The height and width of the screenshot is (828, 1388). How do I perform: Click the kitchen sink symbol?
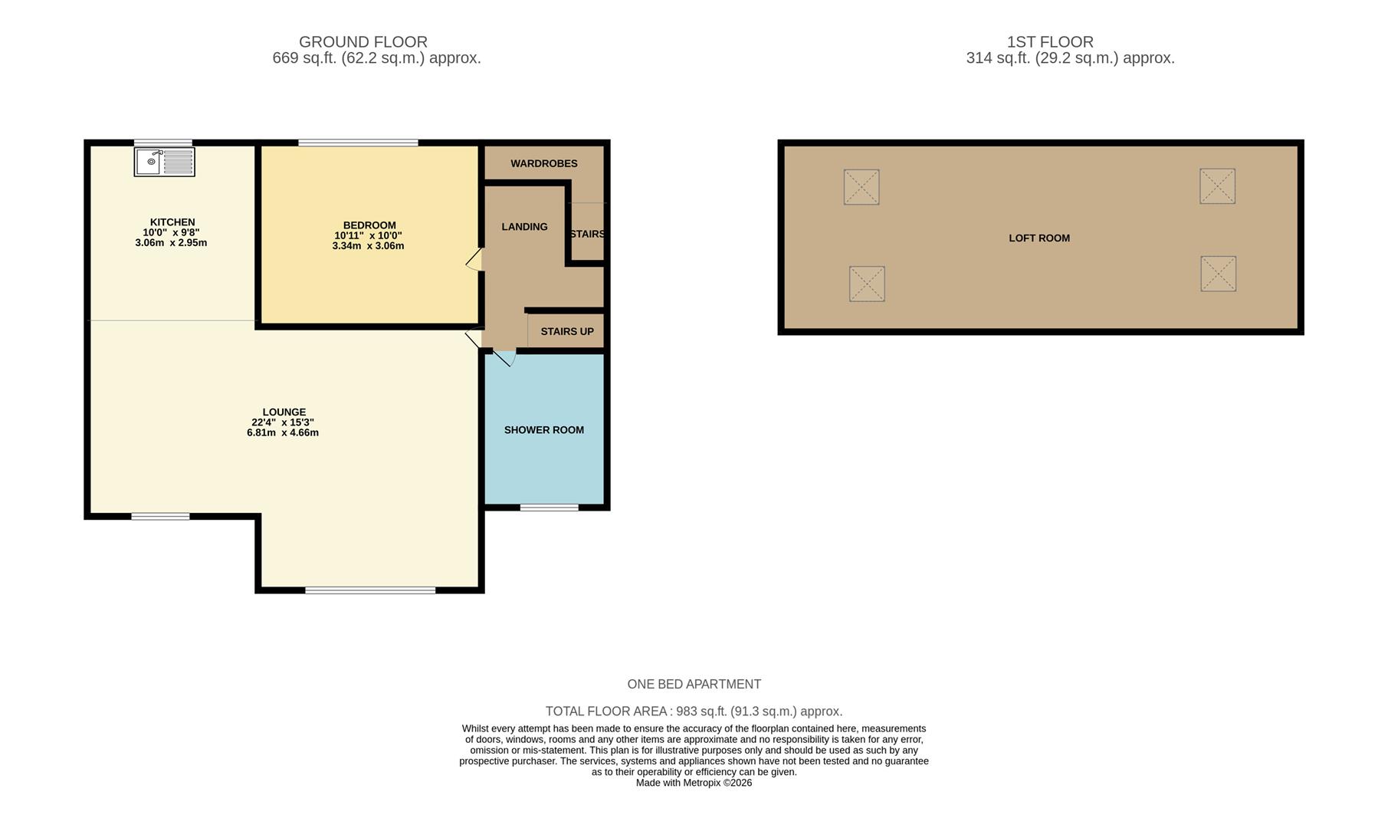pyautogui.click(x=164, y=162)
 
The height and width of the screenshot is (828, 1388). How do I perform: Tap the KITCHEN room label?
pyautogui.click(x=172, y=222)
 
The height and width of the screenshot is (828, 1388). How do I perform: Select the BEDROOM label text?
pyautogui.click(x=369, y=225)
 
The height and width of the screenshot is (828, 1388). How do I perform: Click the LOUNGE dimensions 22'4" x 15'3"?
pyautogui.click(x=283, y=422)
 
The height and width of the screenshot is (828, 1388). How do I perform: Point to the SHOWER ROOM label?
pyautogui.click(x=543, y=430)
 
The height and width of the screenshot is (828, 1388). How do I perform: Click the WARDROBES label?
pyautogui.click(x=543, y=163)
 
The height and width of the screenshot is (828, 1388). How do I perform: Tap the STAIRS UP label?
pyautogui.click(x=566, y=332)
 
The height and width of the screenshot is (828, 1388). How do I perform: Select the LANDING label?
pyautogui.click(x=524, y=227)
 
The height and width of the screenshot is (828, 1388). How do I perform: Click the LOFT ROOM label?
pyautogui.click(x=1039, y=238)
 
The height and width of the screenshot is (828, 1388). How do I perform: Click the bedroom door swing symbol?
pyautogui.click(x=474, y=260)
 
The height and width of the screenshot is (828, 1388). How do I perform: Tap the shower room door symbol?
pyautogui.click(x=504, y=357)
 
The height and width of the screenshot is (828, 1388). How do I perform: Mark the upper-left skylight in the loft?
pyautogui.click(x=861, y=187)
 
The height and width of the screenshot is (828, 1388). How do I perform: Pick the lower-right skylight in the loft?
pyautogui.click(x=1217, y=274)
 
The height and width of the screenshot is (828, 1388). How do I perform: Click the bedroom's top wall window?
pyautogui.click(x=358, y=143)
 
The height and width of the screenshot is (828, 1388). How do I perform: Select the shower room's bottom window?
pyautogui.click(x=549, y=508)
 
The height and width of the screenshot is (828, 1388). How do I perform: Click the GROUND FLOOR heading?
pyautogui.click(x=363, y=42)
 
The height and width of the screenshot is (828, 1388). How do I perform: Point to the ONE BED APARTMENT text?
pyautogui.click(x=694, y=684)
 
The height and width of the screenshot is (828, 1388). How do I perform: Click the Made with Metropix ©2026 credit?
pyautogui.click(x=694, y=783)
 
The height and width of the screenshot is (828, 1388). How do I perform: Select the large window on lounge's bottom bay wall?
pyautogui.click(x=370, y=590)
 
